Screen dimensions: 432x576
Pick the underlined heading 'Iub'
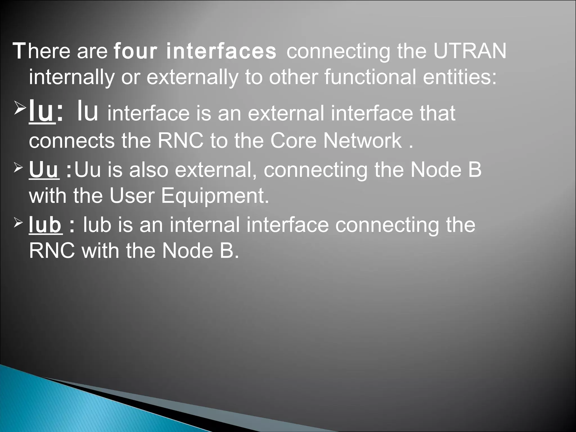click(45, 225)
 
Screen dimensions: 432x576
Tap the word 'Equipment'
click(215, 196)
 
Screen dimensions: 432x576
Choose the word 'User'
click(132, 196)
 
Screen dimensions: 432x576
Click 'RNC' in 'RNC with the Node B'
click(52, 251)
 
